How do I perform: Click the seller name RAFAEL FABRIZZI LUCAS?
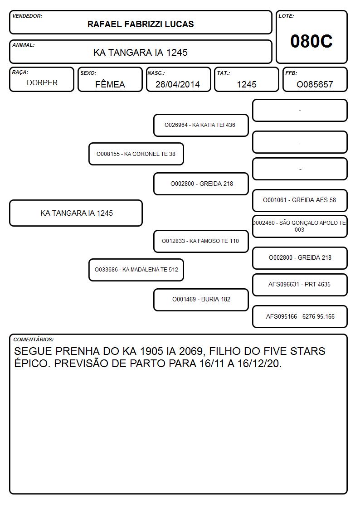click(141, 24)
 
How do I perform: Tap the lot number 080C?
click(311, 41)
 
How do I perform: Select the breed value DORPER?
click(42, 83)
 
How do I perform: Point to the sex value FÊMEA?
click(110, 84)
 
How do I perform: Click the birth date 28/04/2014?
click(178, 84)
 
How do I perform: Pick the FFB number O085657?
click(315, 84)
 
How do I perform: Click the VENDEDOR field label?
click(27, 16)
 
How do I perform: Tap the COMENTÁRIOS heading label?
click(34, 339)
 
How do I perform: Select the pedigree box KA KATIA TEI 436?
click(201, 125)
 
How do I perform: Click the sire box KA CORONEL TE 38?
click(136, 154)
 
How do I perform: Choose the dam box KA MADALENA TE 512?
click(136, 270)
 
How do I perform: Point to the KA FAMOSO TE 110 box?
click(201, 241)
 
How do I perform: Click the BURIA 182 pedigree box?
click(201, 300)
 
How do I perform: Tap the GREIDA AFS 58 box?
click(300, 200)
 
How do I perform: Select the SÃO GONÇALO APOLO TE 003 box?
click(300, 226)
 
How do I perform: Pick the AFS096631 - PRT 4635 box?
click(300, 285)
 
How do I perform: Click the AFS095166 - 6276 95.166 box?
click(300, 316)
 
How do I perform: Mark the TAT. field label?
click(224, 73)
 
